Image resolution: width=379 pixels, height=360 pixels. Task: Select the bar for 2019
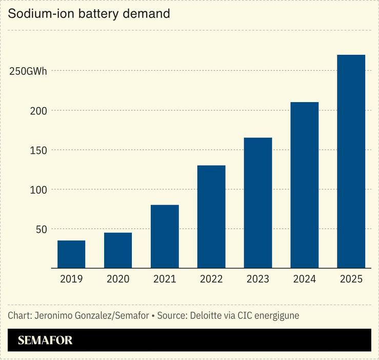(x=71, y=254)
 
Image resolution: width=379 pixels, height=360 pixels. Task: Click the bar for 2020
(x=118, y=250)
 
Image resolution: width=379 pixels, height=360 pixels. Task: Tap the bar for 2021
(x=165, y=236)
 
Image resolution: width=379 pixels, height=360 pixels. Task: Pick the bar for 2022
(x=211, y=216)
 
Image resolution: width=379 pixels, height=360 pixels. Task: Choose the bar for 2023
(x=258, y=203)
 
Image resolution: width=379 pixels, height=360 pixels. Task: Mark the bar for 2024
(x=305, y=185)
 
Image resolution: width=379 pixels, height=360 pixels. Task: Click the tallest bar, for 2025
(x=351, y=162)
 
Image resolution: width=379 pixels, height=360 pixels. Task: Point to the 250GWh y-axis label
(x=28, y=71)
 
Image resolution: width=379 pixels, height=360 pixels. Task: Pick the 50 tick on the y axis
(x=41, y=229)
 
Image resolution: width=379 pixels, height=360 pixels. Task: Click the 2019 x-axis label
(x=71, y=279)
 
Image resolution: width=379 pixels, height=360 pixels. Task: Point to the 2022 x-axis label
(x=211, y=279)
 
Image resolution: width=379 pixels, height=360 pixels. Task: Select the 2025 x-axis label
(x=351, y=279)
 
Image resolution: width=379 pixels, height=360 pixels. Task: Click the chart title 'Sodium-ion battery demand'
(x=89, y=14)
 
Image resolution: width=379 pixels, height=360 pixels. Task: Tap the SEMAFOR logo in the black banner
(x=45, y=341)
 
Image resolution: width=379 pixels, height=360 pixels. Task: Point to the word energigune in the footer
(x=275, y=315)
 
